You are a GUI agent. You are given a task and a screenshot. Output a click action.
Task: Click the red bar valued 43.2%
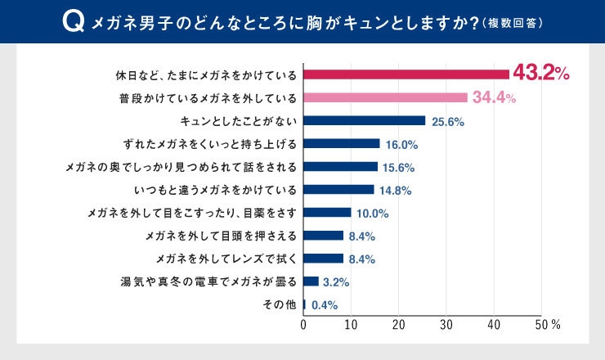(406, 74)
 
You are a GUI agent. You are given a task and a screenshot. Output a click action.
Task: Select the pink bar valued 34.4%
(385, 97)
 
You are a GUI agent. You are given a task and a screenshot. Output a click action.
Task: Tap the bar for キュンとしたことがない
(365, 120)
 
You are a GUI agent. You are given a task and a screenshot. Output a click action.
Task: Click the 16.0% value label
(401, 144)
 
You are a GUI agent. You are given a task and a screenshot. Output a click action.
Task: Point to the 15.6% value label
(400, 167)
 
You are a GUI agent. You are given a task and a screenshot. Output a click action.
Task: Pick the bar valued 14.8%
(338, 190)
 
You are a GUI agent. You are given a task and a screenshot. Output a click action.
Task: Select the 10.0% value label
(372, 214)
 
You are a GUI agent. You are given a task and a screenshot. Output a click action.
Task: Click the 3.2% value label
(336, 282)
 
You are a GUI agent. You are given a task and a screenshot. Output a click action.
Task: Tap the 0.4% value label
(325, 305)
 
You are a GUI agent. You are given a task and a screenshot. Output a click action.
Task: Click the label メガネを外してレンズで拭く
(219, 259)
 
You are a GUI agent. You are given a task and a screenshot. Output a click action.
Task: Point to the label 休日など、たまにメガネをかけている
(205, 74)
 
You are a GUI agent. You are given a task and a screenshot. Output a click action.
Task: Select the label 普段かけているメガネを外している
(208, 97)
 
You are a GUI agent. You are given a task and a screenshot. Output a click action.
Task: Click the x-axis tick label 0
(304, 325)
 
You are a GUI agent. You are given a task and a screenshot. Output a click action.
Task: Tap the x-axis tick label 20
(399, 325)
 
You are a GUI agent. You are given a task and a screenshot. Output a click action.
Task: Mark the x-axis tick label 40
(494, 325)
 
